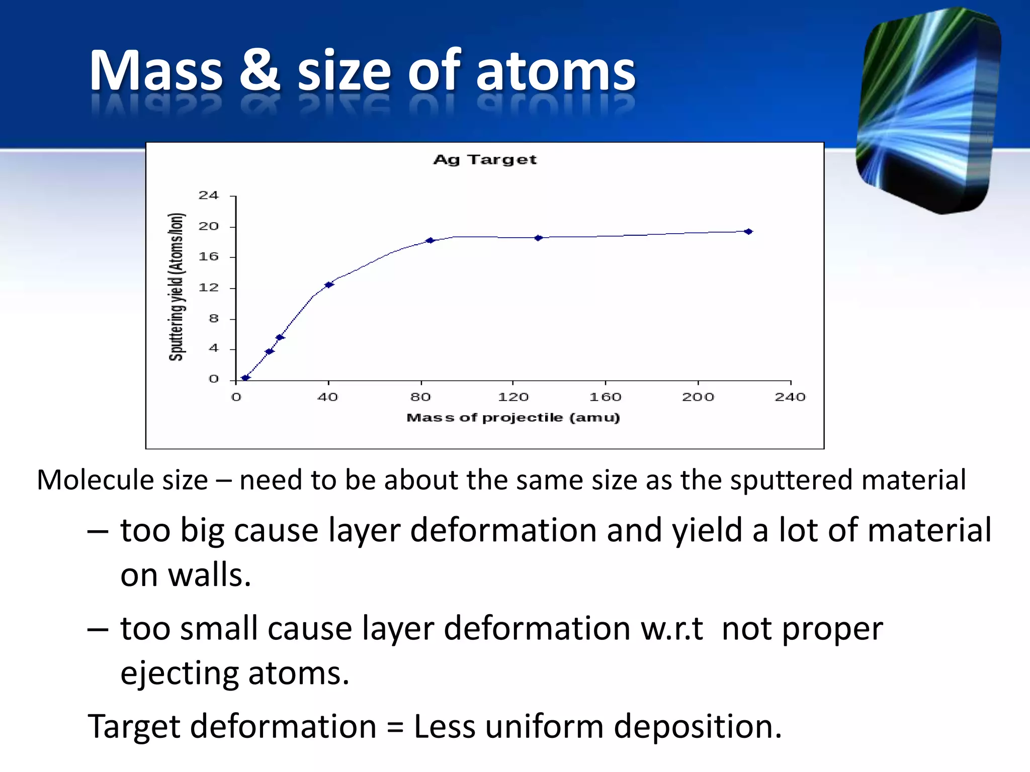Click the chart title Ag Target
click(x=485, y=160)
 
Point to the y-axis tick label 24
click(x=208, y=195)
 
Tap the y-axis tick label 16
click(x=208, y=257)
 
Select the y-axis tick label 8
click(x=214, y=318)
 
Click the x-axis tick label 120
click(x=513, y=397)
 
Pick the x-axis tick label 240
click(x=790, y=397)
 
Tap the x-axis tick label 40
click(x=327, y=397)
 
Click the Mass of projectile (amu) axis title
click(x=513, y=418)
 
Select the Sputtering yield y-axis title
click(x=177, y=286)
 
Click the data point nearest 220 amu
click(x=748, y=232)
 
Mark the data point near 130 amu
click(x=538, y=238)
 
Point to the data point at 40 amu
click(x=329, y=285)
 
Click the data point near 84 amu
click(x=430, y=240)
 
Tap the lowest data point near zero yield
click(x=245, y=377)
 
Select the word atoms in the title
click(x=555, y=71)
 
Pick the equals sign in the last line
click(x=395, y=727)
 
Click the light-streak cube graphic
click(x=928, y=111)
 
